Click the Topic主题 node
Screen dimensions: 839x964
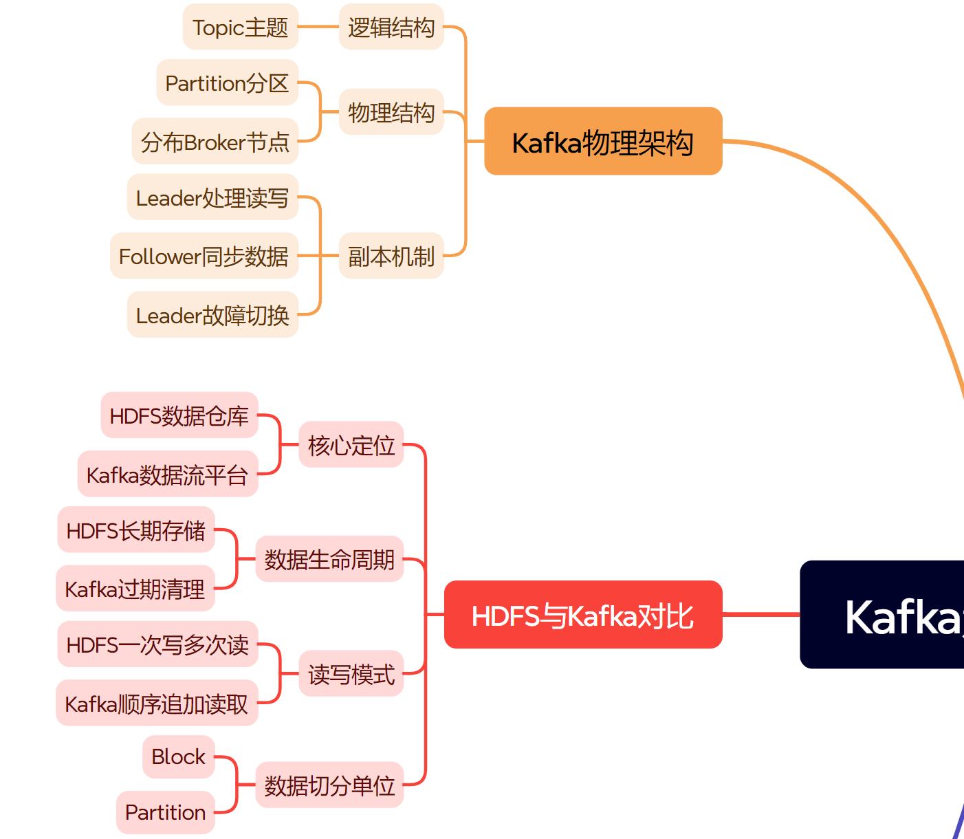click(240, 27)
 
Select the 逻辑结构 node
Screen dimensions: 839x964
click(391, 27)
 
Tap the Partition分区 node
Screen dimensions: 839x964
click(227, 83)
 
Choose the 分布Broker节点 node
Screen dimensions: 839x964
click(215, 142)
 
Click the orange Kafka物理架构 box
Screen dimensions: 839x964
click(603, 141)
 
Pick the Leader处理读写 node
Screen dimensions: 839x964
click(212, 197)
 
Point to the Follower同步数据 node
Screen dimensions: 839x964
click(204, 256)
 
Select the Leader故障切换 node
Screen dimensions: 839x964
click(212, 315)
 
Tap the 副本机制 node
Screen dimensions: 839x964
click(391, 256)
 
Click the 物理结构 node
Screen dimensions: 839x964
click(391, 111)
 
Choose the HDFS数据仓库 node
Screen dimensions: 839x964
click(179, 415)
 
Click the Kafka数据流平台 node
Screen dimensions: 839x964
click(167, 475)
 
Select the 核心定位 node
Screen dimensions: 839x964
click(351, 445)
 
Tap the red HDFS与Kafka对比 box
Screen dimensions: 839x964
click(583, 615)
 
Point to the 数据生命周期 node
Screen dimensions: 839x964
click(329, 559)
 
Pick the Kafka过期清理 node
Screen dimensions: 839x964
click(135, 589)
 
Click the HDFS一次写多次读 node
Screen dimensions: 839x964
click(157, 644)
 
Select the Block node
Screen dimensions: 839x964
click(178, 756)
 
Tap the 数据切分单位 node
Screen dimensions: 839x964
click(329, 785)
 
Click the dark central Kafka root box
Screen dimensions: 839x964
click(894, 615)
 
